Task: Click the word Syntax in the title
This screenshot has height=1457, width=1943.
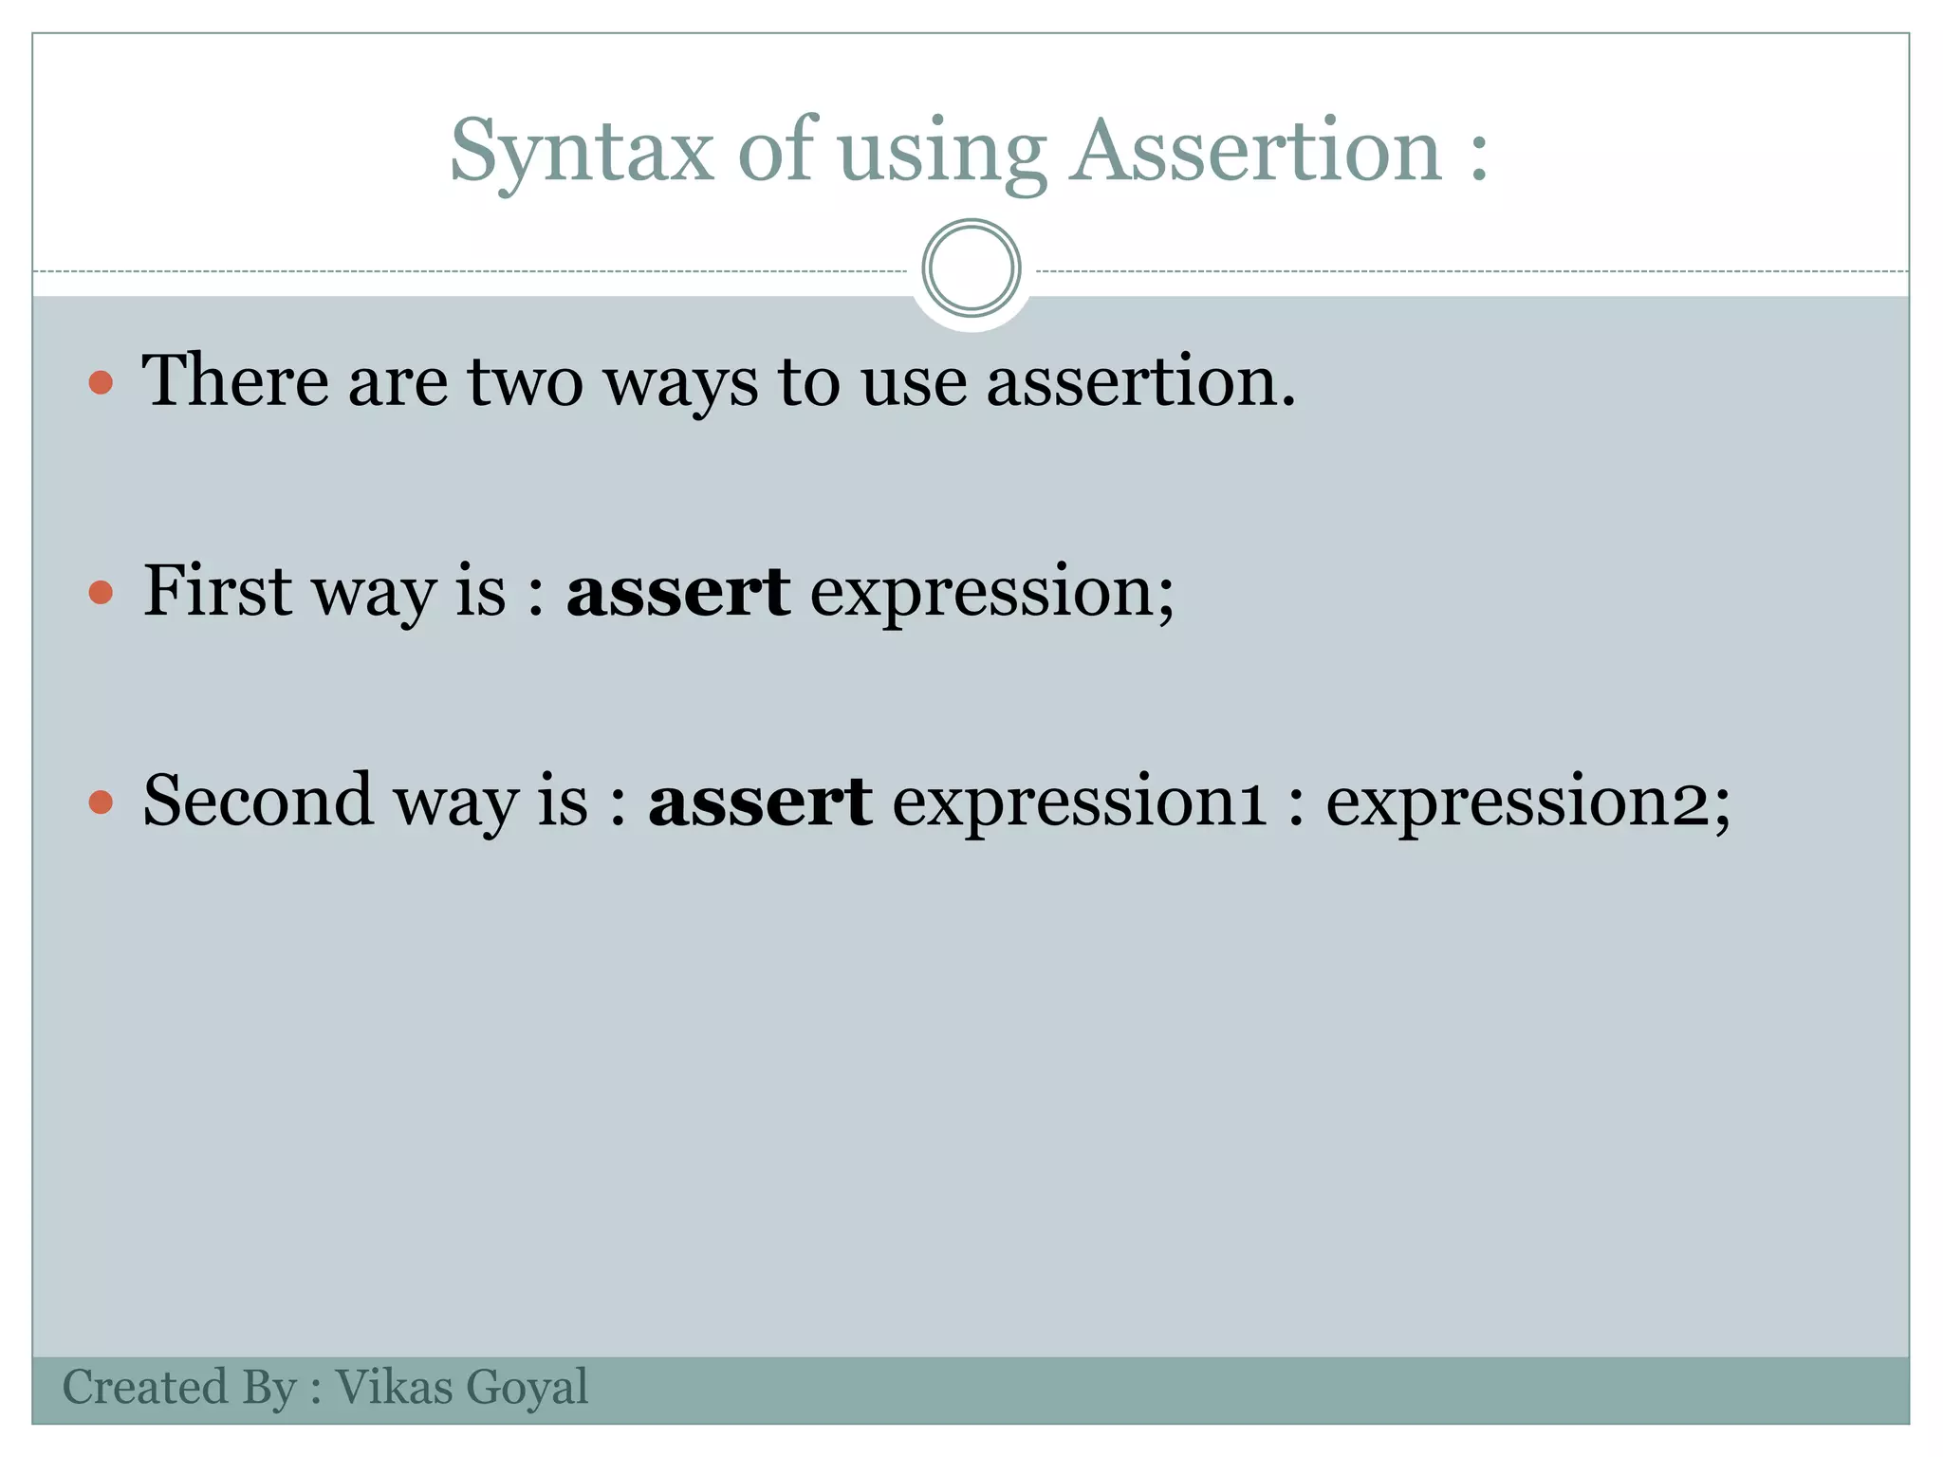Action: (x=581, y=152)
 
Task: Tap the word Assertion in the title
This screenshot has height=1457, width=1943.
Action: (x=1256, y=152)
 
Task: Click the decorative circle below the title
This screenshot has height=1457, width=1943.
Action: (x=971, y=268)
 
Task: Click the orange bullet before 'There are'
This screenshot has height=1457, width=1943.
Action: (x=101, y=383)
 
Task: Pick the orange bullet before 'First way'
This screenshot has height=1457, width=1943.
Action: (x=101, y=593)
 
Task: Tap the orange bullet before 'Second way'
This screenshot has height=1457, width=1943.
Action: (x=101, y=802)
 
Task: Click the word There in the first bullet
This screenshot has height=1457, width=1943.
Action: (x=235, y=380)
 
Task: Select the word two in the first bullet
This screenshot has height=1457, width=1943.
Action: (x=525, y=380)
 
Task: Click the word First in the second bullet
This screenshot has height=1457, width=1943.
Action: (x=217, y=590)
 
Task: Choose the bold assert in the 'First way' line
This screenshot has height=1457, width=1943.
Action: (x=677, y=590)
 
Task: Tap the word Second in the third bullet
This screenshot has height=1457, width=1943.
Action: (x=257, y=800)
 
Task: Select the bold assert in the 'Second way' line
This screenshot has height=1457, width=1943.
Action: (x=759, y=800)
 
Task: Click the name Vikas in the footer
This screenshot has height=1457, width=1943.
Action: (x=394, y=1387)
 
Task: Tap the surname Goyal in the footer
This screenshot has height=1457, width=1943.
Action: (x=527, y=1389)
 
